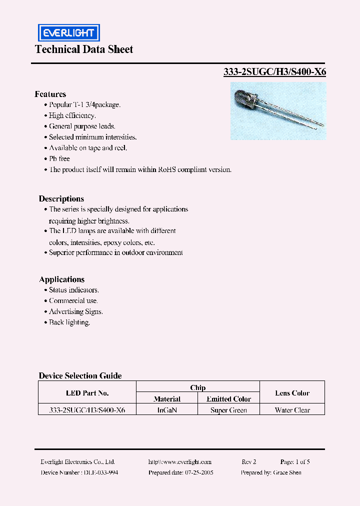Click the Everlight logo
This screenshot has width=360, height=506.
click(x=69, y=33)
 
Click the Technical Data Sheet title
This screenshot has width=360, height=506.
click(x=84, y=49)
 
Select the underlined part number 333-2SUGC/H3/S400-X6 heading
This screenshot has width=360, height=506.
click(x=274, y=72)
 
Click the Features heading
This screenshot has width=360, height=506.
click(x=50, y=94)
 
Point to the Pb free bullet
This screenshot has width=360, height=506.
click(x=59, y=158)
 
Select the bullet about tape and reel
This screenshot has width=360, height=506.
click(x=87, y=148)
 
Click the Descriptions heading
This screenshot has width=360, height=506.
click(x=61, y=198)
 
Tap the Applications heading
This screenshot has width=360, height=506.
click(x=61, y=279)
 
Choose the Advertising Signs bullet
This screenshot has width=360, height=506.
click(x=75, y=311)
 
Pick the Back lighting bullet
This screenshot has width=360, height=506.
click(x=69, y=322)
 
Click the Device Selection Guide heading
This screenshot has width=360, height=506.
click(x=80, y=375)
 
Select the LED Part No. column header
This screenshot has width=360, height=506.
click(x=87, y=393)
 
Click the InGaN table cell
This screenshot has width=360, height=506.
click(x=167, y=410)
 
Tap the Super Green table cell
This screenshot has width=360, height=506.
click(x=228, y=410)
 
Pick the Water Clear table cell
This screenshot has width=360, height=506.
click(x=292, y=410)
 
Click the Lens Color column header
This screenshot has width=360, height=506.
click(x=292, y=393)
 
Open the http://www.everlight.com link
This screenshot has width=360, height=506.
click(x=180, y=462)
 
